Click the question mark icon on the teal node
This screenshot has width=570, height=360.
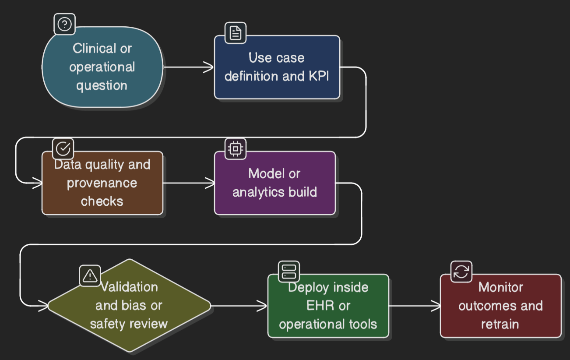[64, 24]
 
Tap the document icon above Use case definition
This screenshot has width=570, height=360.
[236, 33]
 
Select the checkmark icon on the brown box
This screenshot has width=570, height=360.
[63, 149]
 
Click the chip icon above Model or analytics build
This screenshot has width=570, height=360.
[236, 149]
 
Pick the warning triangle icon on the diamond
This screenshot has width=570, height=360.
[90, 275]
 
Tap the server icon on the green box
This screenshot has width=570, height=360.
[289, 271]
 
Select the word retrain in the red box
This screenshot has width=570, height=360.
[500, 324]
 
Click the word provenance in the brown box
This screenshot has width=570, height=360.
[102, 183]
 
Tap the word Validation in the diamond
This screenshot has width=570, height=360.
[130, 287]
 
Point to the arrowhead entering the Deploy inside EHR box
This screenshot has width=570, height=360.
[263, 306]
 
